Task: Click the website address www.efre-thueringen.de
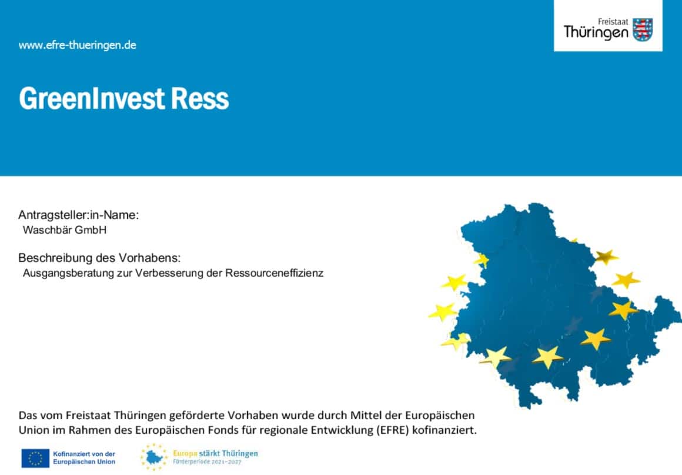78,45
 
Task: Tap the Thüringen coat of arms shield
643,29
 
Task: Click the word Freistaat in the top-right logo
613,21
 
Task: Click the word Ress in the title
200,98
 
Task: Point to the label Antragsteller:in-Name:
78,215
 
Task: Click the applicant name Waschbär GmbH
64,230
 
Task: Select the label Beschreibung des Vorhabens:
99,258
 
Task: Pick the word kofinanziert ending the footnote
444,430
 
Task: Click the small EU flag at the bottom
35,458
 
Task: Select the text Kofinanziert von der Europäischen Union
84,458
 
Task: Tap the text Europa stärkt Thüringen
215,453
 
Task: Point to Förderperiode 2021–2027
207,461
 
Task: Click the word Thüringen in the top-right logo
596,32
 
